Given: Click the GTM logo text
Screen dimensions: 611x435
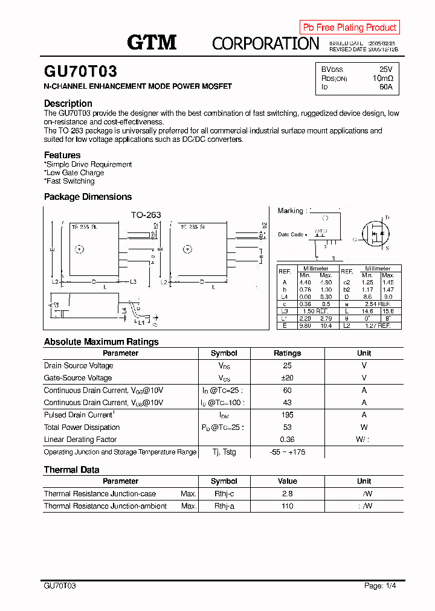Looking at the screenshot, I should [152, 42].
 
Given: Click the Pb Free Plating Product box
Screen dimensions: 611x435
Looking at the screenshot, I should [349, 27].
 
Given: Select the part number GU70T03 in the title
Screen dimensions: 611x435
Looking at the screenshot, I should [80, 72].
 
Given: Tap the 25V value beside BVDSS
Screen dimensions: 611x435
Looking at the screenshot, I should [385, 69].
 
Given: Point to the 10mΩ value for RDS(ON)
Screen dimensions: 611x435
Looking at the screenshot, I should [382, 78].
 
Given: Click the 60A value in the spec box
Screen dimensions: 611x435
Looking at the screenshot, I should [385, 87].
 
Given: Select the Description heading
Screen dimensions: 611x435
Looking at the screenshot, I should [68, 103].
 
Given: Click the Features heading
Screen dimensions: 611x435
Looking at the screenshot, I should [62, 155].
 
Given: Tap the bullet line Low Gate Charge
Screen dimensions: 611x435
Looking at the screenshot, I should [75, 173].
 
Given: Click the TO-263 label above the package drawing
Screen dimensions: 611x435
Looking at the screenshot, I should [146, 215].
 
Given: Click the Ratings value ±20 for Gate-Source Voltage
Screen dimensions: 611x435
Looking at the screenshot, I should [287, 378].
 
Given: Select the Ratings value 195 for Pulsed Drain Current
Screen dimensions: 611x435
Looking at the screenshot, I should [287, 415].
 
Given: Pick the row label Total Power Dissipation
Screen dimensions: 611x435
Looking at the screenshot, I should [82, 427].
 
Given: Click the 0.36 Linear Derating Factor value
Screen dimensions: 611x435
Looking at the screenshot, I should [287, 440].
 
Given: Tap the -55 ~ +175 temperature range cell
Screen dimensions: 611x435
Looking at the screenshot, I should [287, 452].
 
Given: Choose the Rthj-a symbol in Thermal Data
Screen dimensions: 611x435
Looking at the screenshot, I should [224, 506].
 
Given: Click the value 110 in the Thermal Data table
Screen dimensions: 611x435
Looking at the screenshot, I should [287, 506].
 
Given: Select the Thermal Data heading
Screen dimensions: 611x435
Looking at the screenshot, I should [71, 470].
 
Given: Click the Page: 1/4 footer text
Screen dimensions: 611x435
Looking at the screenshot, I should [380, 586].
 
